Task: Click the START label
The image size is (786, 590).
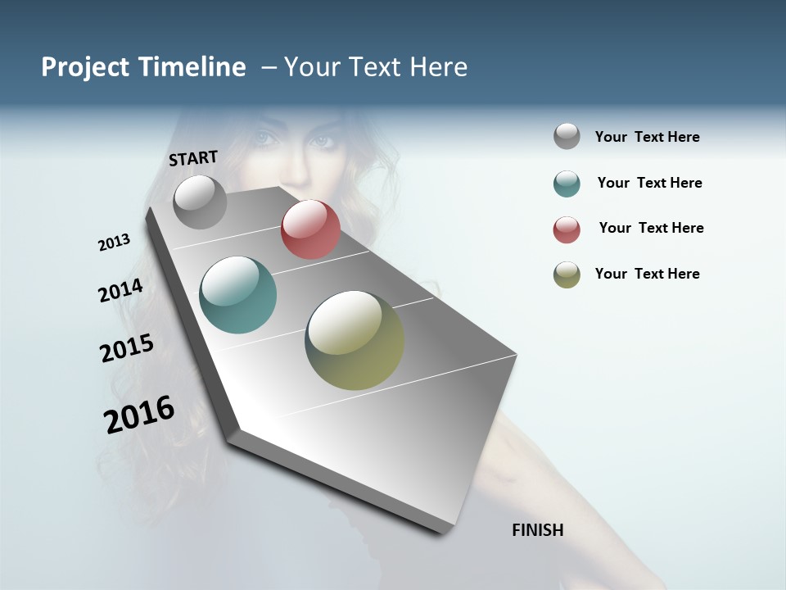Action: (193, 158)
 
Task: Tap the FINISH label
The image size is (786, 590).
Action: (538, 530)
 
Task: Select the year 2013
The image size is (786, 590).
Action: (114, 243)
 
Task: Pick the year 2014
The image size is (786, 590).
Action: (120, 291)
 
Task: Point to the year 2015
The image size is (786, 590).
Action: (127, 348)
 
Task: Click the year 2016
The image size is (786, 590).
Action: (139, 414)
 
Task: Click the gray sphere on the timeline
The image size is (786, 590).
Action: (200, 202)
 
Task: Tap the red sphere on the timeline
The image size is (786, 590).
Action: (310, 229)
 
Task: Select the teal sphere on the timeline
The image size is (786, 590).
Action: (238, 295)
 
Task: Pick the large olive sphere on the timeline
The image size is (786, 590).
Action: (355, 340)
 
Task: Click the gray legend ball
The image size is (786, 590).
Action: (567, 137)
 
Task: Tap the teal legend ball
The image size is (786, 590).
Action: (567, 184)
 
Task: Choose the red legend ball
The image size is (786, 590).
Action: (567, 229)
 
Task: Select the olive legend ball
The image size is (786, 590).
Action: (567, 275)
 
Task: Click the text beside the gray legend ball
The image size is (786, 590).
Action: (647, 137)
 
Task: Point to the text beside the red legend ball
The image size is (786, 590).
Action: (651, 228)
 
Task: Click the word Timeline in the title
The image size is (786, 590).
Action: (192, 67)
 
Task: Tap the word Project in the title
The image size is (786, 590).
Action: (85, 67)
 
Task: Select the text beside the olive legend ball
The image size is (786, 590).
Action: (647, 274)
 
